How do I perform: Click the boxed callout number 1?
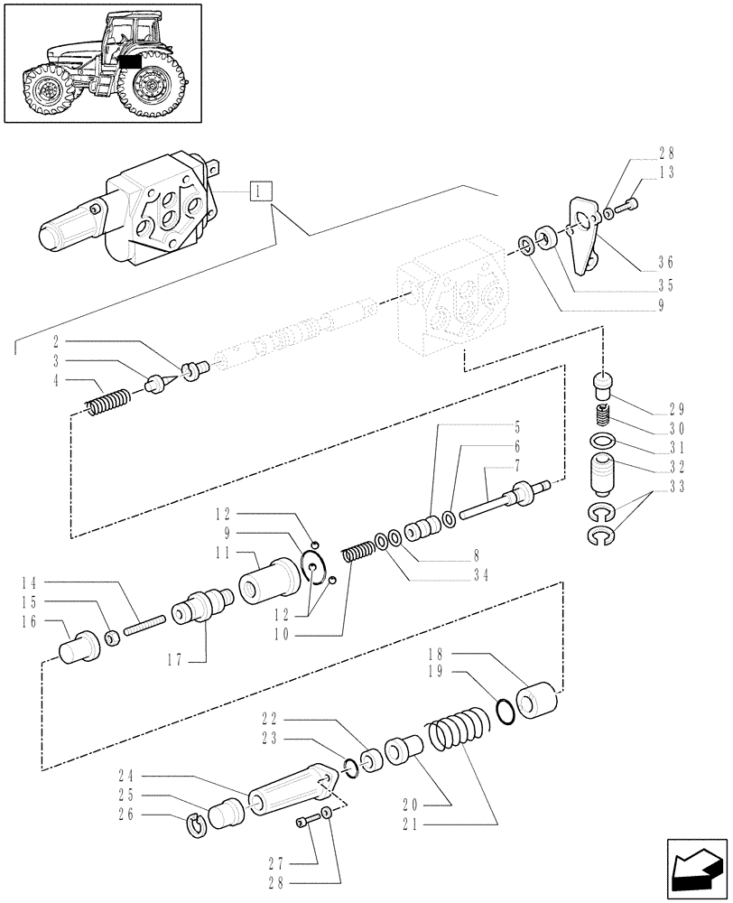click(259, 191)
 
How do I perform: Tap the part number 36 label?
click(666, 264)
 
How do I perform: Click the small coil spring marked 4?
click(109, 400)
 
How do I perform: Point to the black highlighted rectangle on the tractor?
click(130, 62)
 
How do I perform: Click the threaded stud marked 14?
click(144, 623)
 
